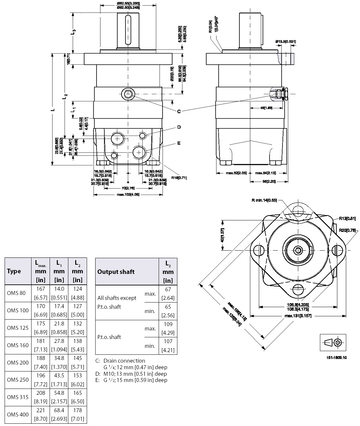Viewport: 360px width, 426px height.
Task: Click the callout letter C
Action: [179, 111]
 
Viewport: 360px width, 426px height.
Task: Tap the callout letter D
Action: [179, 127]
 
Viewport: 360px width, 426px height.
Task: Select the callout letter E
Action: [179, 143]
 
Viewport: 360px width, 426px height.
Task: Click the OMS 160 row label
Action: [18, 345]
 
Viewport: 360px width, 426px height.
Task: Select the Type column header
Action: [14, 271]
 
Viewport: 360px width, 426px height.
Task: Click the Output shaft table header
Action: [116, 272]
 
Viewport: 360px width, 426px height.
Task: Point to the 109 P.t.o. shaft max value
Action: [168, 324]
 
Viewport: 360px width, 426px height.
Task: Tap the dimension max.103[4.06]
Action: [128, 195]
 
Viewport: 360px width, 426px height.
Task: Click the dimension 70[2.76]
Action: [127, 188]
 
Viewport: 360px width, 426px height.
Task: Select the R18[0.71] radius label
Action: [179, 178]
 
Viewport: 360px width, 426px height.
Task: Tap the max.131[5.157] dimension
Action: [298, 316]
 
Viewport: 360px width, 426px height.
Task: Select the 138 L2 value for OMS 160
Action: [78, 341]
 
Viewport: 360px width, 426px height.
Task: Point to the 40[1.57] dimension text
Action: [222, 235]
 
